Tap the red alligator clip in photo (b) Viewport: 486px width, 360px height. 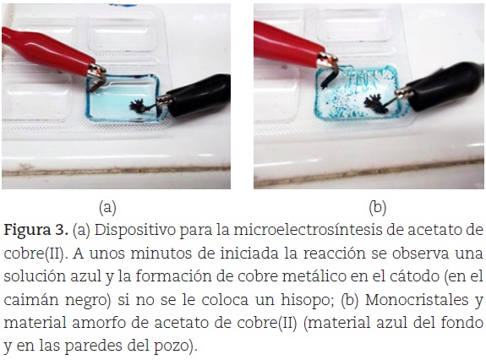click(x=292, y=46)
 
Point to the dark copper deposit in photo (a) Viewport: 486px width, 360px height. click(x=137, y=106)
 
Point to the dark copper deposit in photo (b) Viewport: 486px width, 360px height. click(x=375, y=104)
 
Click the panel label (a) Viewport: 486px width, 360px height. click(x=107, y=208)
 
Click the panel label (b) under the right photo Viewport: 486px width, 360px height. click(x=378, y=208)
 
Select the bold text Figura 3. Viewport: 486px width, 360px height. click(x=35, y=231)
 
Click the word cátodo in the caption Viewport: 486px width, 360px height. click(x=414, y=276)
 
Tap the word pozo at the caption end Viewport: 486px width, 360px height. click(x=175, y=346)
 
